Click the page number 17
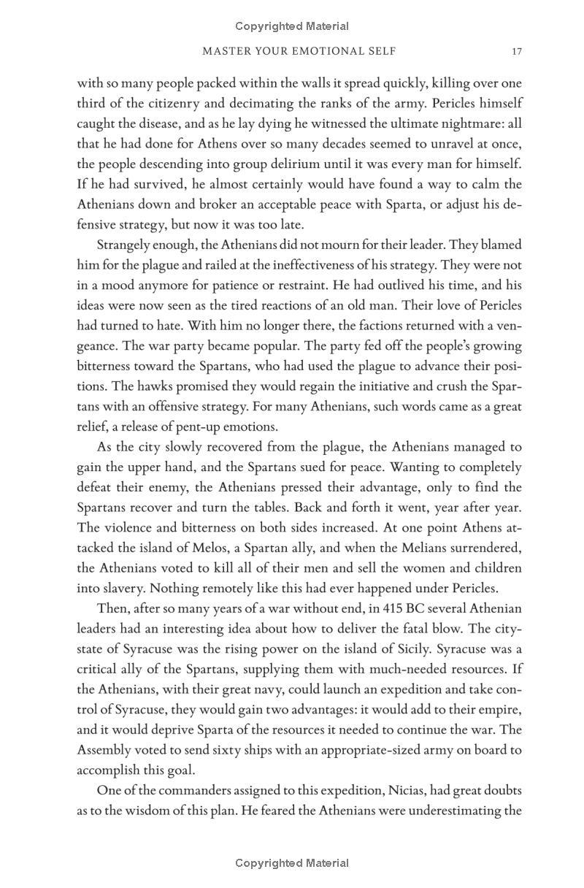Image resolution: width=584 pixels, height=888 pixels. click(517, 51)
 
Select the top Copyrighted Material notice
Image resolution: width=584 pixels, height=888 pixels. click(292, 26)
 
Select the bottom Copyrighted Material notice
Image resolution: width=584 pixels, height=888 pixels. click(292, 863)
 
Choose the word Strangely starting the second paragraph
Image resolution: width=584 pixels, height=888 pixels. click(126, 245)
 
